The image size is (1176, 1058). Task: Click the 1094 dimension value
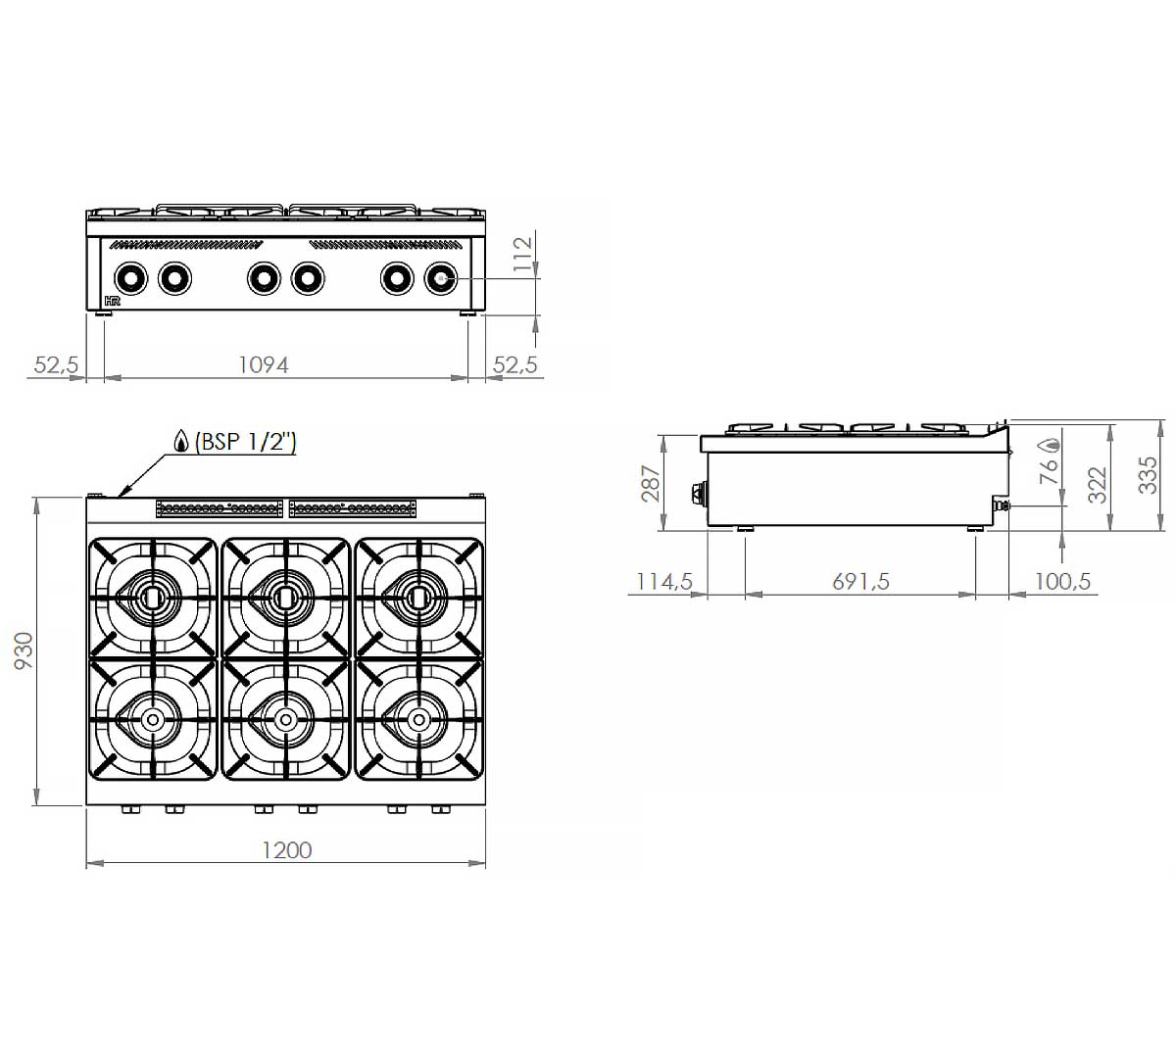264,365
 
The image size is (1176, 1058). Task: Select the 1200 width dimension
287,850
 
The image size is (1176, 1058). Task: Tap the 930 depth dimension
24,651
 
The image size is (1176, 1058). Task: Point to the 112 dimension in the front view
521,253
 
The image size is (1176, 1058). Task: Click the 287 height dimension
650,484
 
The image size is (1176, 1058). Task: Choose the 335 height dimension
1148,475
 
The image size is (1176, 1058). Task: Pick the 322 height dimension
1097,485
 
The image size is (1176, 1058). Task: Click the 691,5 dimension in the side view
860,582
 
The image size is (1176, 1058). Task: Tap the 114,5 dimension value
664,582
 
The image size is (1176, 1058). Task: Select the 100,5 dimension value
1062,582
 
